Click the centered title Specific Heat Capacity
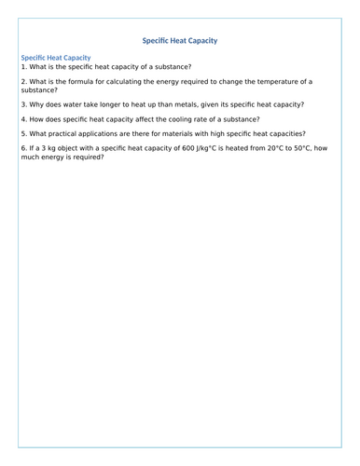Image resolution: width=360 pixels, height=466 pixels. [x=180, y=41]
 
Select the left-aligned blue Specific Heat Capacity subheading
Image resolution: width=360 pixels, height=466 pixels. [x=56, y=58]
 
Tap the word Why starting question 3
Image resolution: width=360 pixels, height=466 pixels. [x=38, y=104]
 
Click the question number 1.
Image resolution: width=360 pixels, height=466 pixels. [x=24, y=67]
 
